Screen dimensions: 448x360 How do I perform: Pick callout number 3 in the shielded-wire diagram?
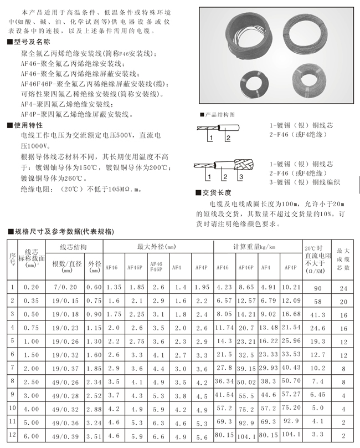click(x=240, y=177)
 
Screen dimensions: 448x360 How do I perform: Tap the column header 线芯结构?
click(x=73, y=246)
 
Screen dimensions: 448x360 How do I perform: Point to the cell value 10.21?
click(x=291, y=287)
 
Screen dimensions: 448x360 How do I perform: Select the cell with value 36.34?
click(x=224, y=381)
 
